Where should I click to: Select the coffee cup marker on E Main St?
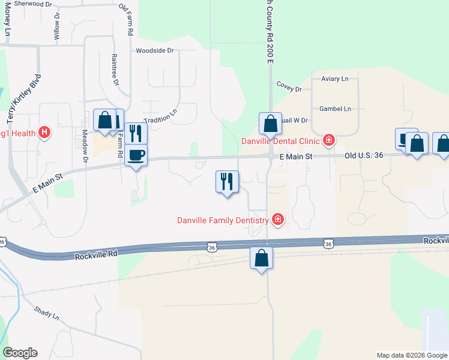(136, 155)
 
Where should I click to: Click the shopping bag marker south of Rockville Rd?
(261, 259)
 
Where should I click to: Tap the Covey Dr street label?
(289, 88)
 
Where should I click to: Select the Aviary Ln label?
(334, 79)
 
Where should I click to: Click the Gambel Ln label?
(335, 109)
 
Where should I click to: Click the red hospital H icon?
(44, 132)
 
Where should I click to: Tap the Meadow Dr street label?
(85, 146)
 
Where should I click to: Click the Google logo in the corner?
(20, 353)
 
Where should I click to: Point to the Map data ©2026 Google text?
(411, 355)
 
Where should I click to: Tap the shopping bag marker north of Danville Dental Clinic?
(270, 124)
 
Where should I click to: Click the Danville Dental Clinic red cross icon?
(328, 141)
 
